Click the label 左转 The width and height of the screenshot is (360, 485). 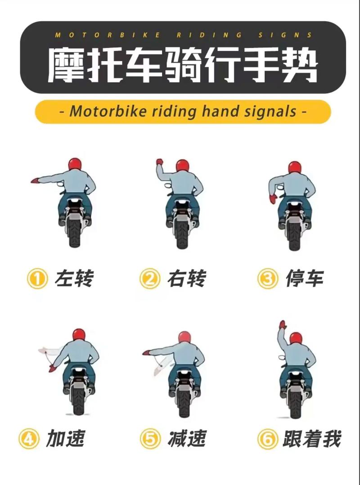tap(74, 279)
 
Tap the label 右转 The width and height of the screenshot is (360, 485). tap(186, 279)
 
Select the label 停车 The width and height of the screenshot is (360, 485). tap(305, 279)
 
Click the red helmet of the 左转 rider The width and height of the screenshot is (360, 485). tap(75, 164)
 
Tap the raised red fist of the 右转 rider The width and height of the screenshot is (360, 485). tap(159, 162)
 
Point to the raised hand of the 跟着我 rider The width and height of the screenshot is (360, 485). tap(282, 324)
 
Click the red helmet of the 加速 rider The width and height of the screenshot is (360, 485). tap(79, 334)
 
